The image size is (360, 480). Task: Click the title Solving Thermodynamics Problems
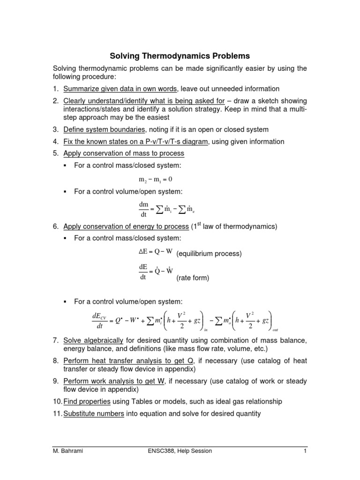tap(180, 56)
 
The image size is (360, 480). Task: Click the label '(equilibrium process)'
tap(209, 254)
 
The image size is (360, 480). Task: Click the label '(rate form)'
tap(193, 278)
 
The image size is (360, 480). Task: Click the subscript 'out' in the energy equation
tap(275, 330)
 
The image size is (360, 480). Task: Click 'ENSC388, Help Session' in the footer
tap(180, 451)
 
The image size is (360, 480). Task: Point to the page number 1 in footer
tap(305, 451)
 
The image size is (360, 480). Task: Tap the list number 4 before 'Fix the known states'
tap(55, 142)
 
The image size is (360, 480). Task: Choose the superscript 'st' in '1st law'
tap(199, 225)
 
